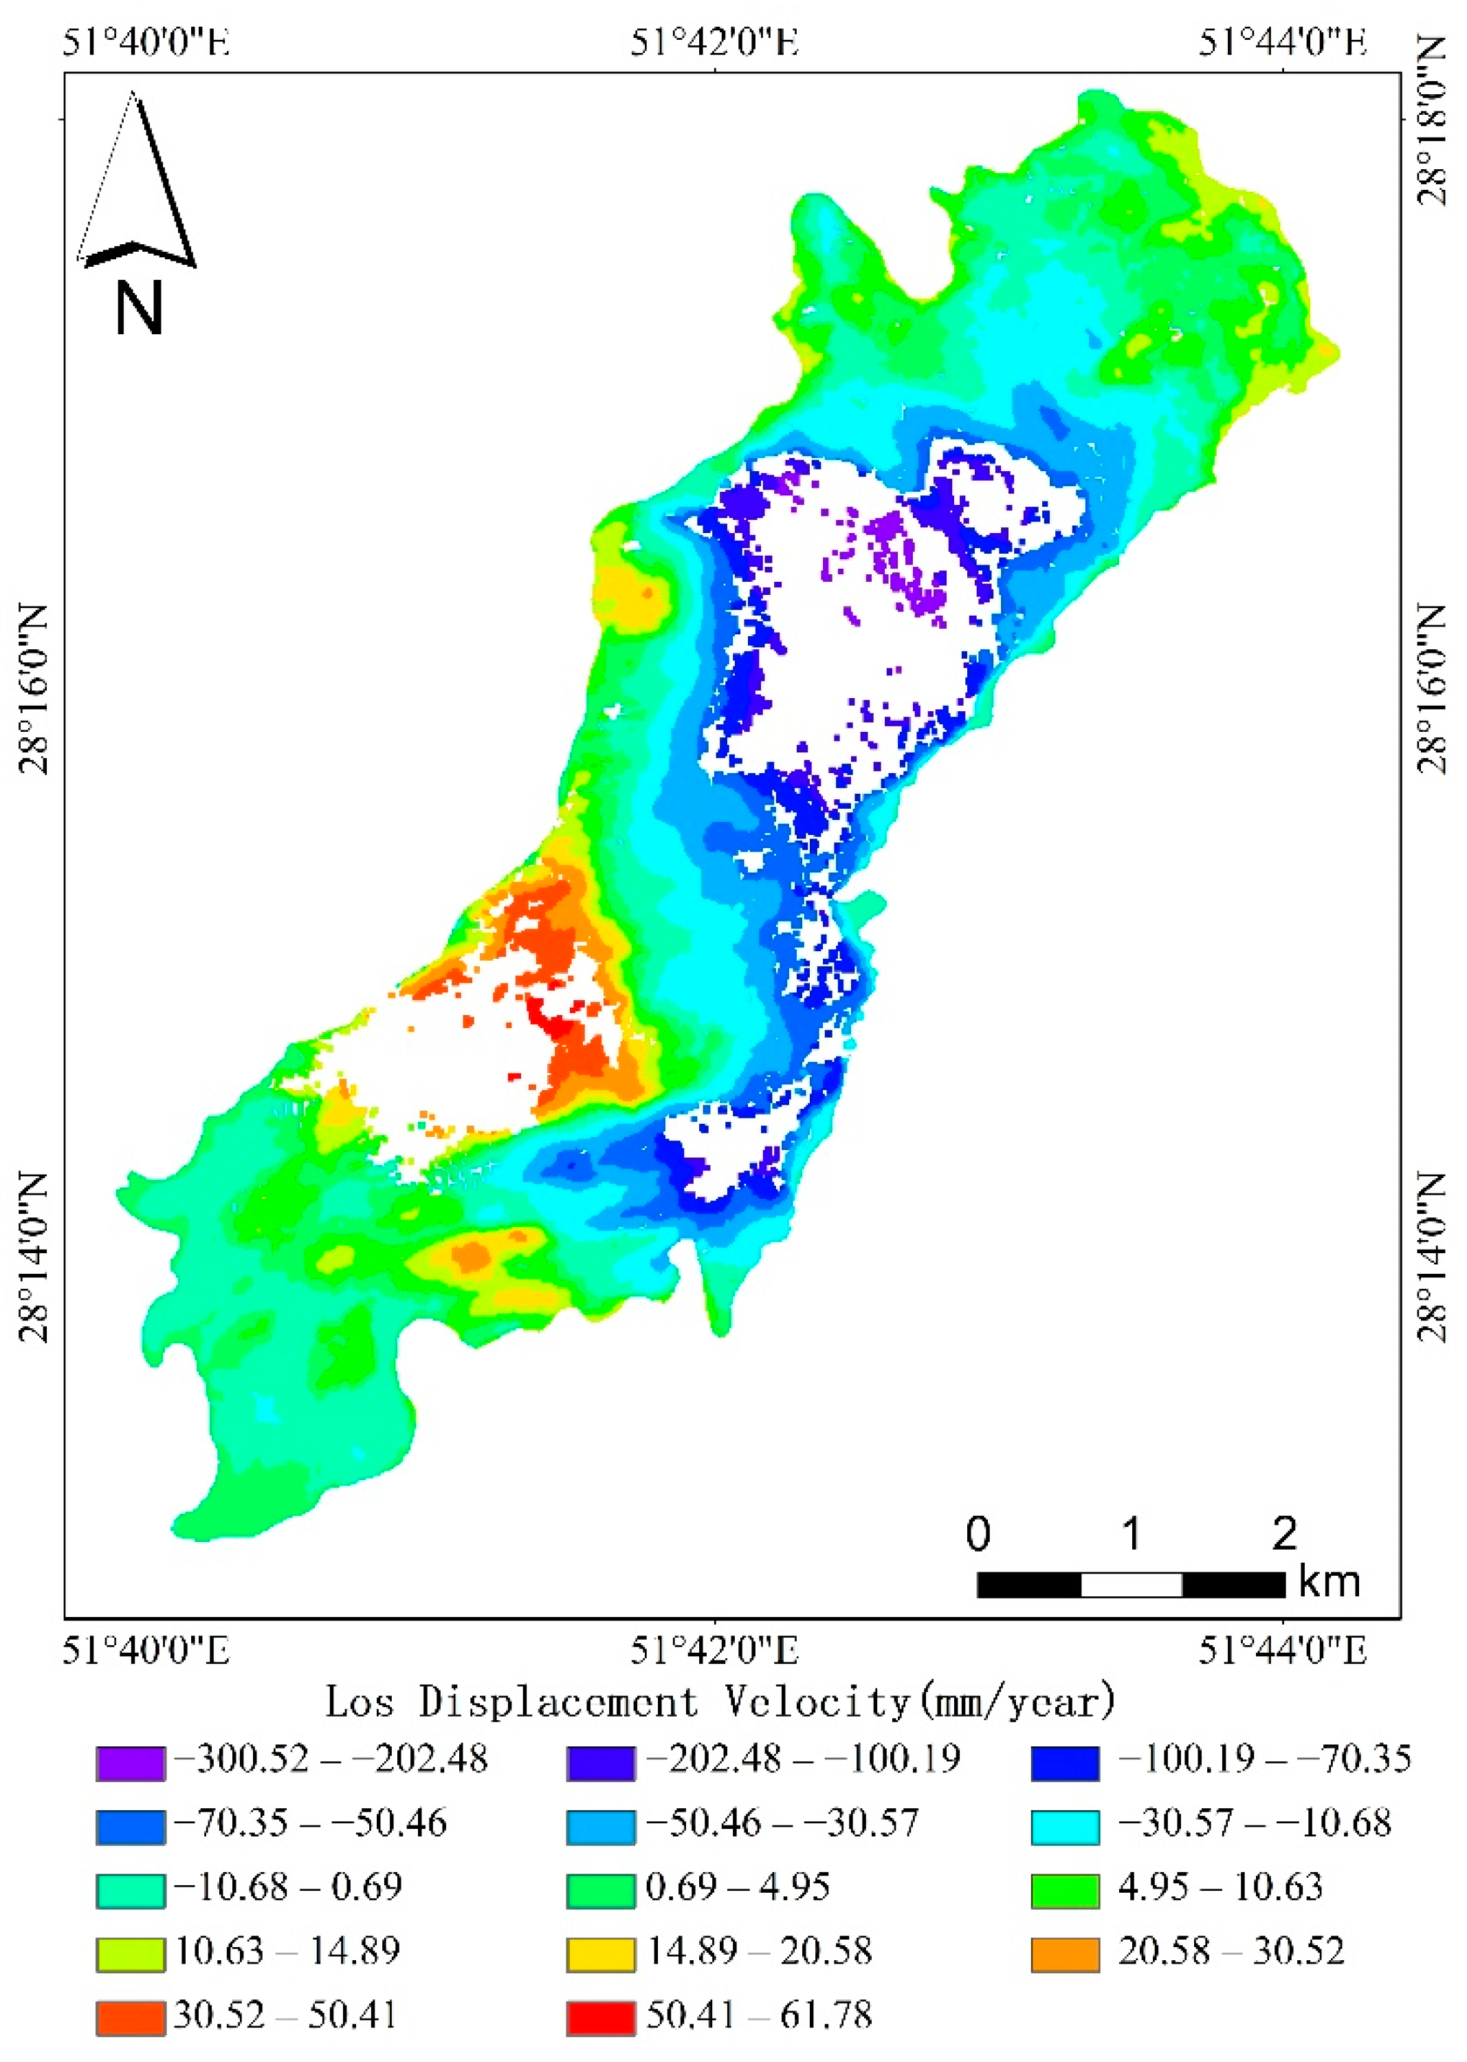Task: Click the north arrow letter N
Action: click(x=138, y=308)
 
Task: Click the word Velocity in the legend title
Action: click(x=817, y=1702)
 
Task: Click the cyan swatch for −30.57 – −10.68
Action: click(x=1065, y=1827)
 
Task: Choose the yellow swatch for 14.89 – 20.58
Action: click(x=601, y=1955)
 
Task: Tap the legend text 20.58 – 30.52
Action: click(x=1231, y=1952)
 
